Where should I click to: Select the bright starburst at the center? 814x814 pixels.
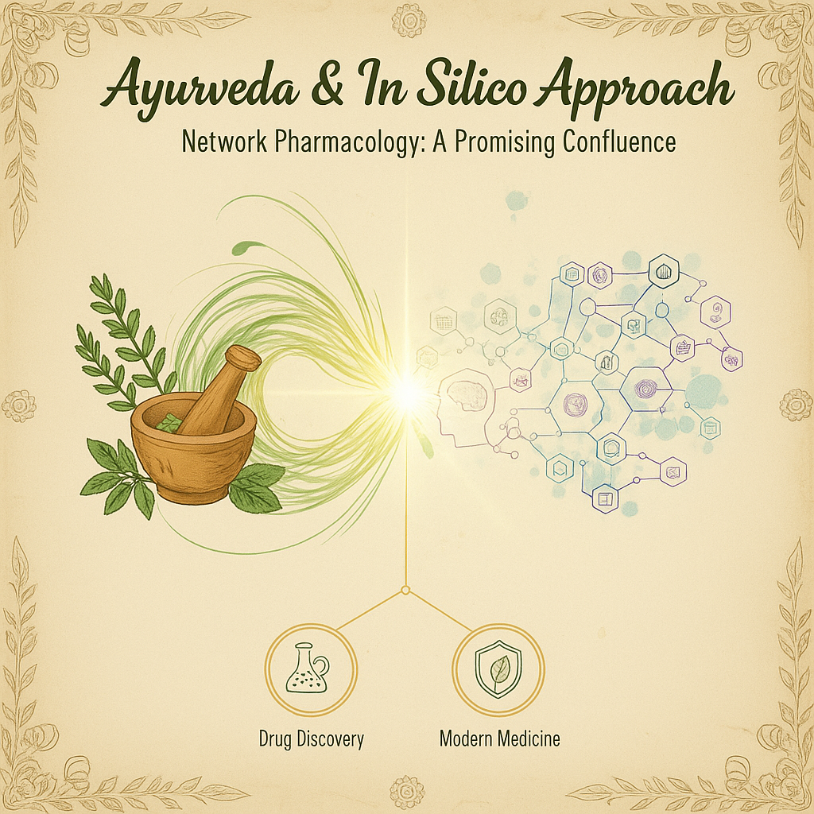(407, 392)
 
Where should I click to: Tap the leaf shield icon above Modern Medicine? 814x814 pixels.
(498, 665)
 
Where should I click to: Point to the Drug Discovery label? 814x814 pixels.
(311, 738)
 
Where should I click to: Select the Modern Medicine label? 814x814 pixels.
(499, 738)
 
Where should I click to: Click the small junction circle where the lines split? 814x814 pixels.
(405, 590)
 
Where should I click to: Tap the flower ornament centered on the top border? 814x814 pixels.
(409, 20)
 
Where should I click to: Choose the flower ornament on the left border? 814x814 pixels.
(18, 406)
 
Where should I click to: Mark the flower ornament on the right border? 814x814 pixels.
(795, 405)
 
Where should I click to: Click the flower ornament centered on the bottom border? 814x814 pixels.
(407, 792)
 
